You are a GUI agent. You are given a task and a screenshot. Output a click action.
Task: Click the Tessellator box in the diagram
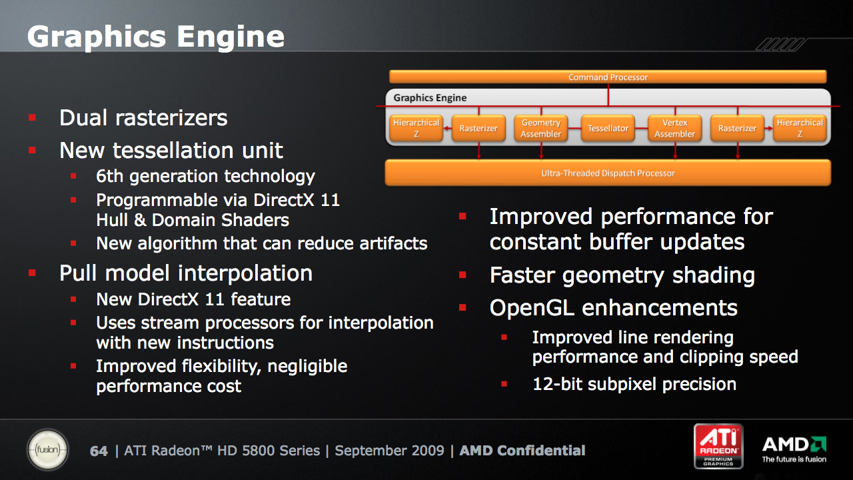tap(608, 129)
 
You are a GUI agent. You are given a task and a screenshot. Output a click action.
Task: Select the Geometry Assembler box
tap(540, 129)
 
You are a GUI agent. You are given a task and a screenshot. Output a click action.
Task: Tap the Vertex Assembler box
tap(675, 129)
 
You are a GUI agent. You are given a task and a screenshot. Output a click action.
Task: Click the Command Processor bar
tap(608, 77)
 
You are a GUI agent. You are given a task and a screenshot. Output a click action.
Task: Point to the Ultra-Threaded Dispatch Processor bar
tap(608, 173)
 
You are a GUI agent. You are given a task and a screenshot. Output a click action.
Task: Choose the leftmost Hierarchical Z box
tap(417, 129)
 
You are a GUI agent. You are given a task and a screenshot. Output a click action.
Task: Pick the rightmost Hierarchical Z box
tap(800, 129)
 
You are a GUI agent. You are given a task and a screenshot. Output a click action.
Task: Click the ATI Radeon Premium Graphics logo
tap(718, 446)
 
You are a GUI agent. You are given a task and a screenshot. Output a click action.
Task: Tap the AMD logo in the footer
tap(794, 449)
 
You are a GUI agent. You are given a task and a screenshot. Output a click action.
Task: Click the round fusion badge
tap(47, 450)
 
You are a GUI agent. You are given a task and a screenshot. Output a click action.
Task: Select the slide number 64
tap(99, 451)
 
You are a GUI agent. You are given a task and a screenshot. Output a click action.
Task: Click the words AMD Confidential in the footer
tap(522, 451)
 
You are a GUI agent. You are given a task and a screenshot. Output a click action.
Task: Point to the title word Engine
tap(231, 37)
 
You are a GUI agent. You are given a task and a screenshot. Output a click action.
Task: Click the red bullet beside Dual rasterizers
tap(32, 117)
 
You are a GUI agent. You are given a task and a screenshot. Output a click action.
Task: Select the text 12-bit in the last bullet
tap(557, 384)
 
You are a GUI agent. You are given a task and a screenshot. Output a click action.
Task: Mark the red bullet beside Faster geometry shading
tap(462, 275)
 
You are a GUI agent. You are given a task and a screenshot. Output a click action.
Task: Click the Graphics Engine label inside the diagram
tap(430, 98)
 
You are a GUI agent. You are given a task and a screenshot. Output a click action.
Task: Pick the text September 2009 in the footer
tap(389, 451)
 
